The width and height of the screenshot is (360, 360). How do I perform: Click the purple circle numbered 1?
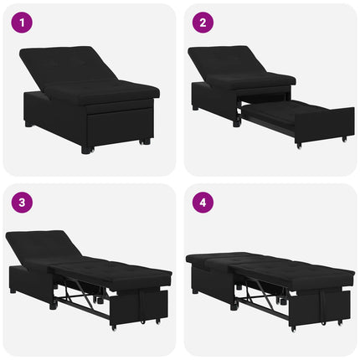click(x=22, y=23)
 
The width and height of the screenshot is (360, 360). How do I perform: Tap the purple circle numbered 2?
click(x=203, y=23)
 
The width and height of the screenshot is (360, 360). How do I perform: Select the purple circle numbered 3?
click(x=22, y=203)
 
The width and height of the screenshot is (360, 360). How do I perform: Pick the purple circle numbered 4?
click(x=203, y=203)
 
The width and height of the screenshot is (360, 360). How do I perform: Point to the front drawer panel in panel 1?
click(x=120, y=126)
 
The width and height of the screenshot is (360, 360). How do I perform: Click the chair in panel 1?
click(x=90, y=99)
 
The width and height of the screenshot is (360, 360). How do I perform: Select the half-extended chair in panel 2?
click(x=271, y=97)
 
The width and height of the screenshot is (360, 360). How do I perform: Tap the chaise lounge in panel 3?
click(x=89, y=280)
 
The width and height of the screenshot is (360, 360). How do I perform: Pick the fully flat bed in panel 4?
click(x=270, y=291)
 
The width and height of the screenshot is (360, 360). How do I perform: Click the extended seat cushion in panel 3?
click(x=111, y=270)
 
